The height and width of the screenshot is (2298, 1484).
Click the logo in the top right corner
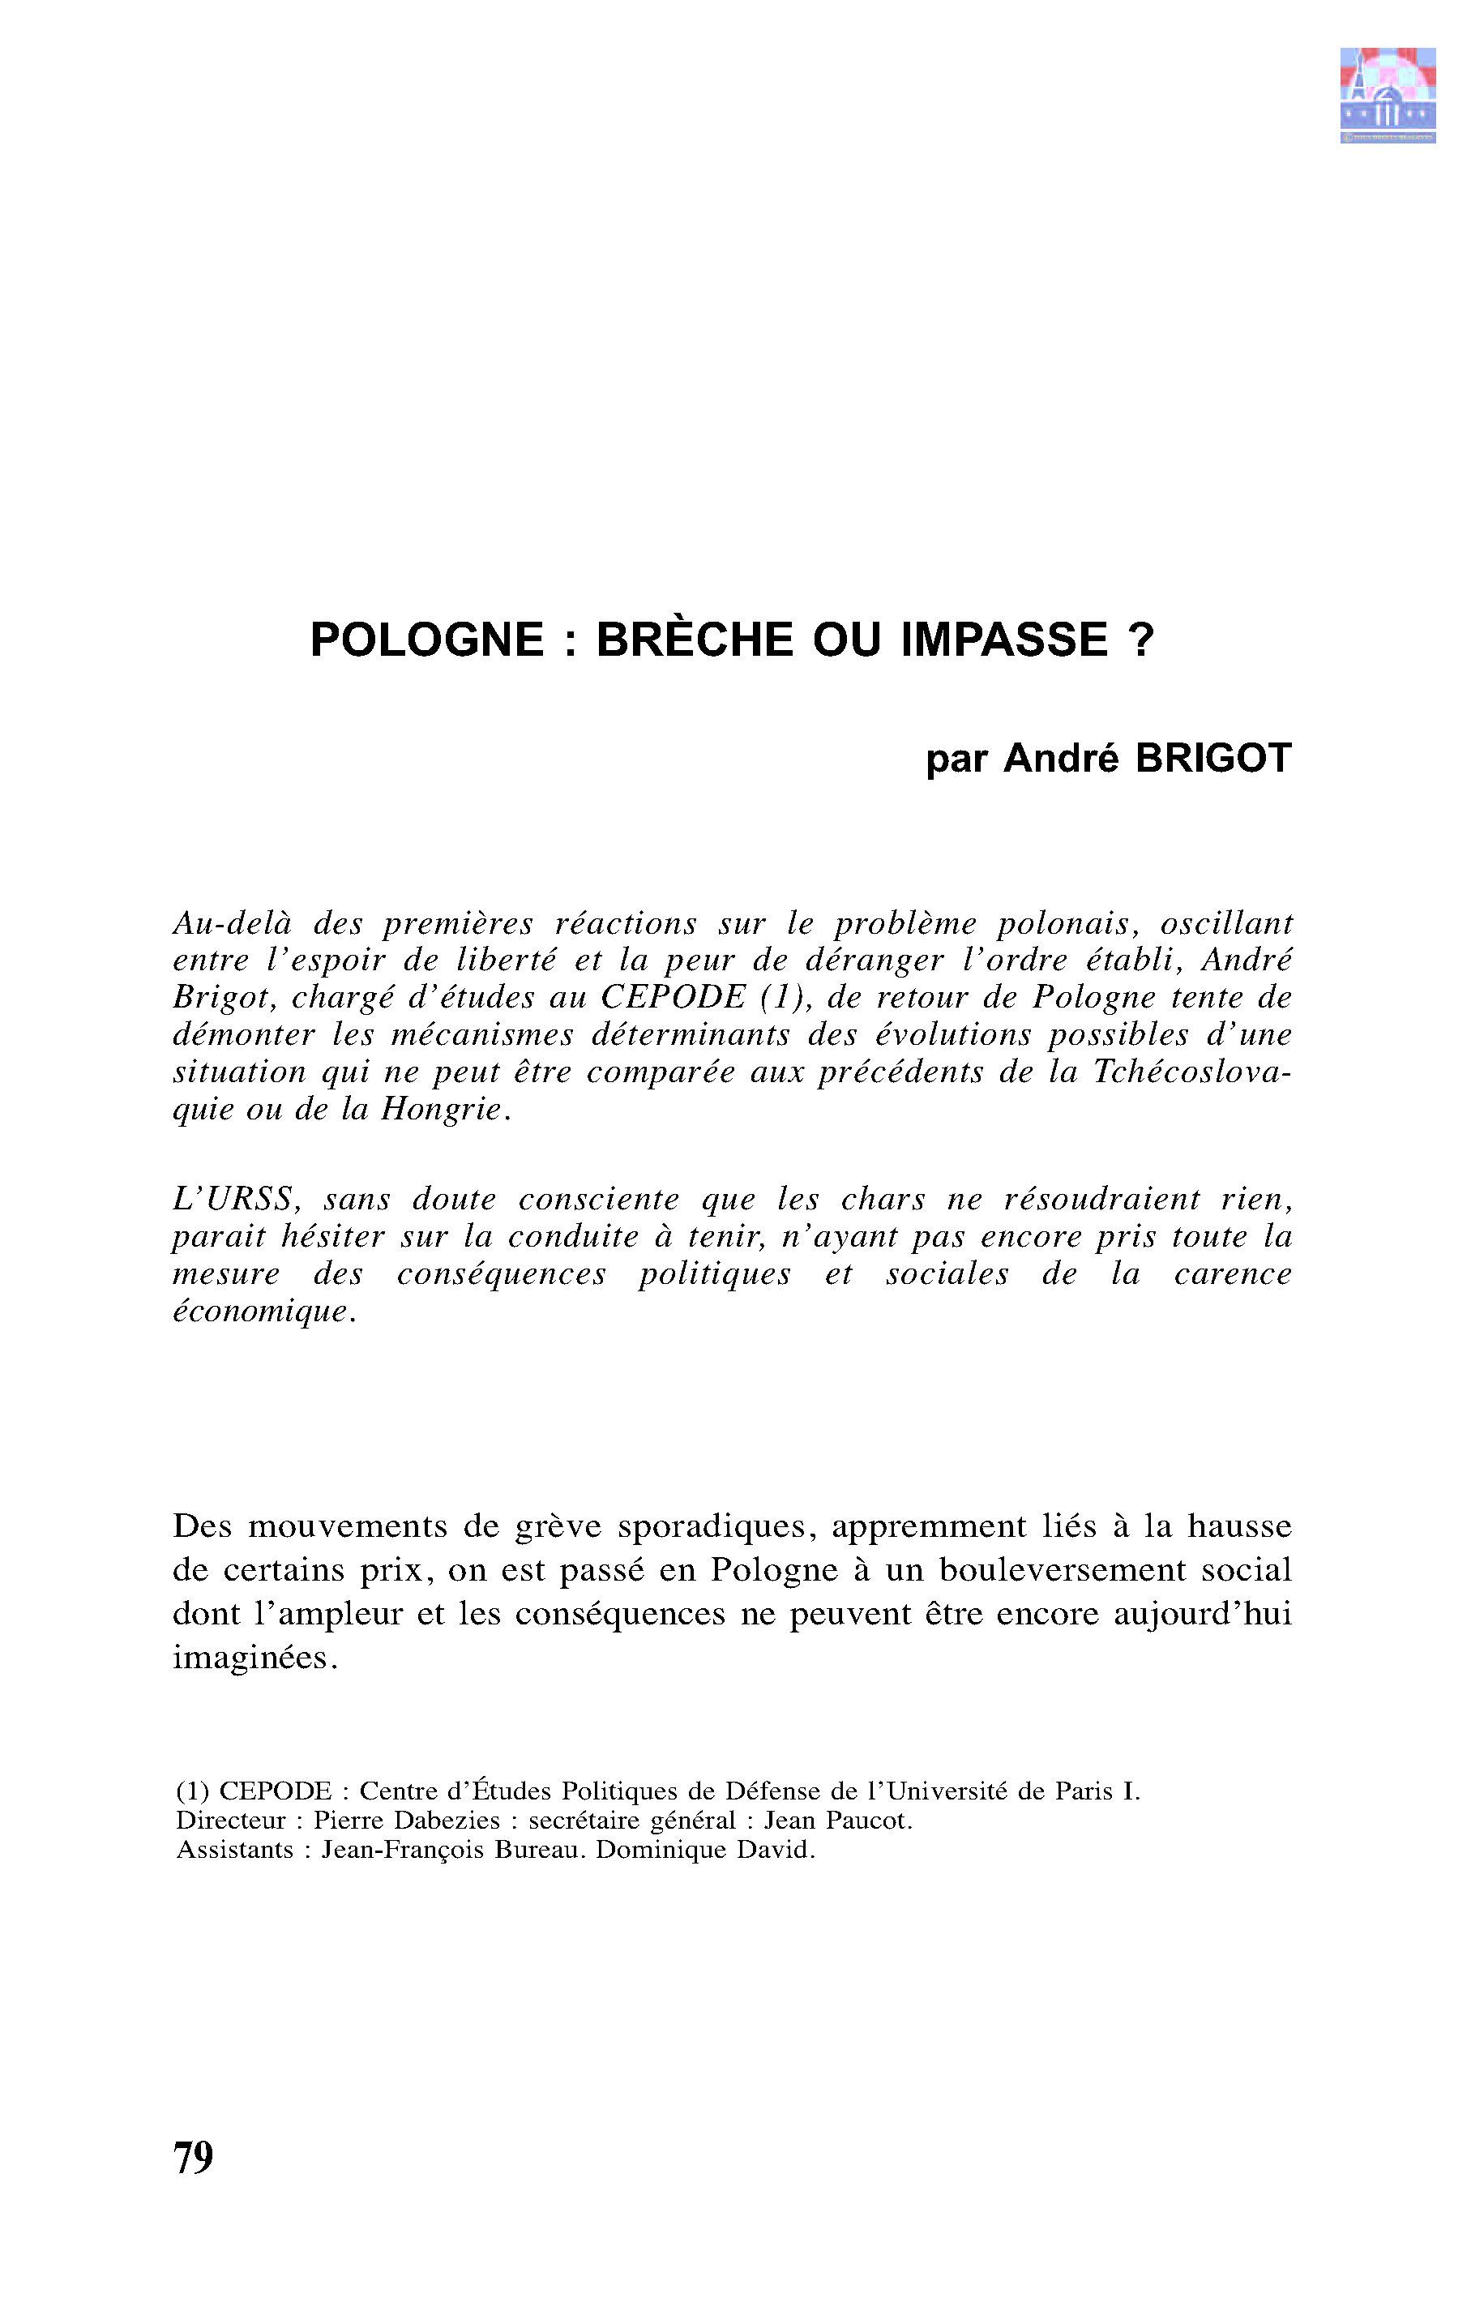point(1387,96)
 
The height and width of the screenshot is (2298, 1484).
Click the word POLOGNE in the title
point(427,640)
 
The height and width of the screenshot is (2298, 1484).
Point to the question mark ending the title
point(1140,640)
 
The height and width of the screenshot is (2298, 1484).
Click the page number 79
point(194,2157)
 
